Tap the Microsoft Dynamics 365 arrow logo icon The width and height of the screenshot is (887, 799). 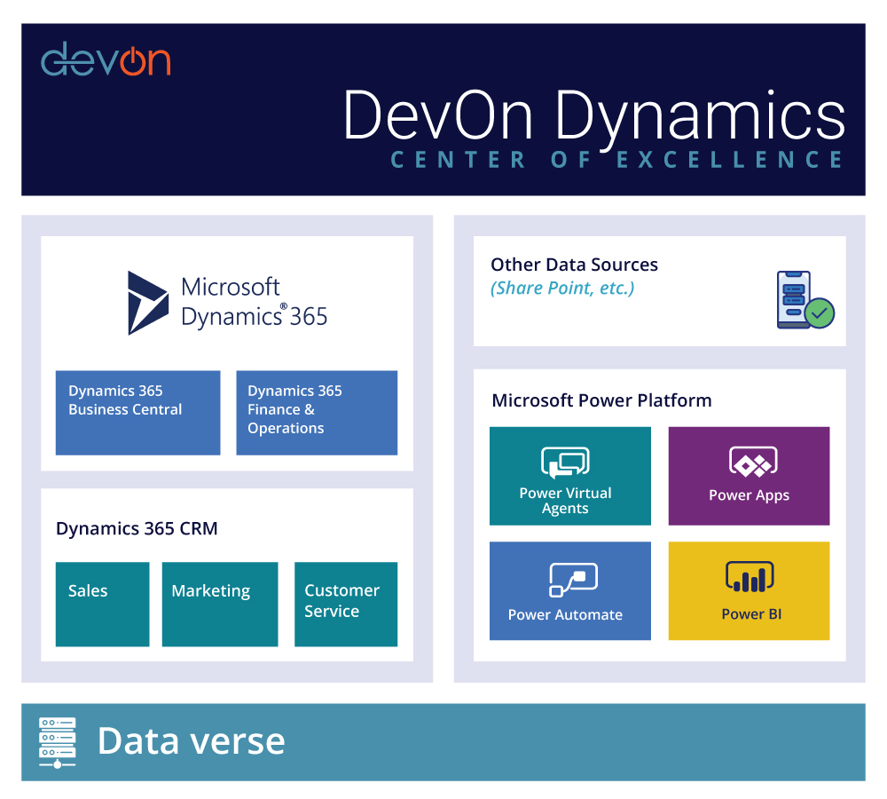[147, 303]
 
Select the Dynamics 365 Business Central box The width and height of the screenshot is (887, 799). [137, 413]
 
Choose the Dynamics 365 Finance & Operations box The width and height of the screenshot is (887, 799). [317, 413]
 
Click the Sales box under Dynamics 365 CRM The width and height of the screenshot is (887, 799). [102, 604]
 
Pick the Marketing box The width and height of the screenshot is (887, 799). [220, 604]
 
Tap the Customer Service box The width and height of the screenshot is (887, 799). [346, 604]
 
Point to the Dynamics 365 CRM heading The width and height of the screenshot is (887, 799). [137, 529]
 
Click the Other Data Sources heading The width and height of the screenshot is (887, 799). [574, 265]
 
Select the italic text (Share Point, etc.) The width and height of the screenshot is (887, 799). [562, 288]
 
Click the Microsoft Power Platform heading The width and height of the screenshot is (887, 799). [601, 400]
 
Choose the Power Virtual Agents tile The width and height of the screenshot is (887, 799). [570, 476]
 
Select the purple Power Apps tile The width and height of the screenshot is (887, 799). [749, 476]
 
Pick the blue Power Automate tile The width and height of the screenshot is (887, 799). [570, 590]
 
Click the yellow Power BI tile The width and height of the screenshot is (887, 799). [749, 590]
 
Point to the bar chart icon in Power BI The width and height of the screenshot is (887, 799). [750, 577]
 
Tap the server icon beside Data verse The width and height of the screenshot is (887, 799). [58, 742]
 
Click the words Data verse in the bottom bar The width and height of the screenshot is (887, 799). [191, 741]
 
